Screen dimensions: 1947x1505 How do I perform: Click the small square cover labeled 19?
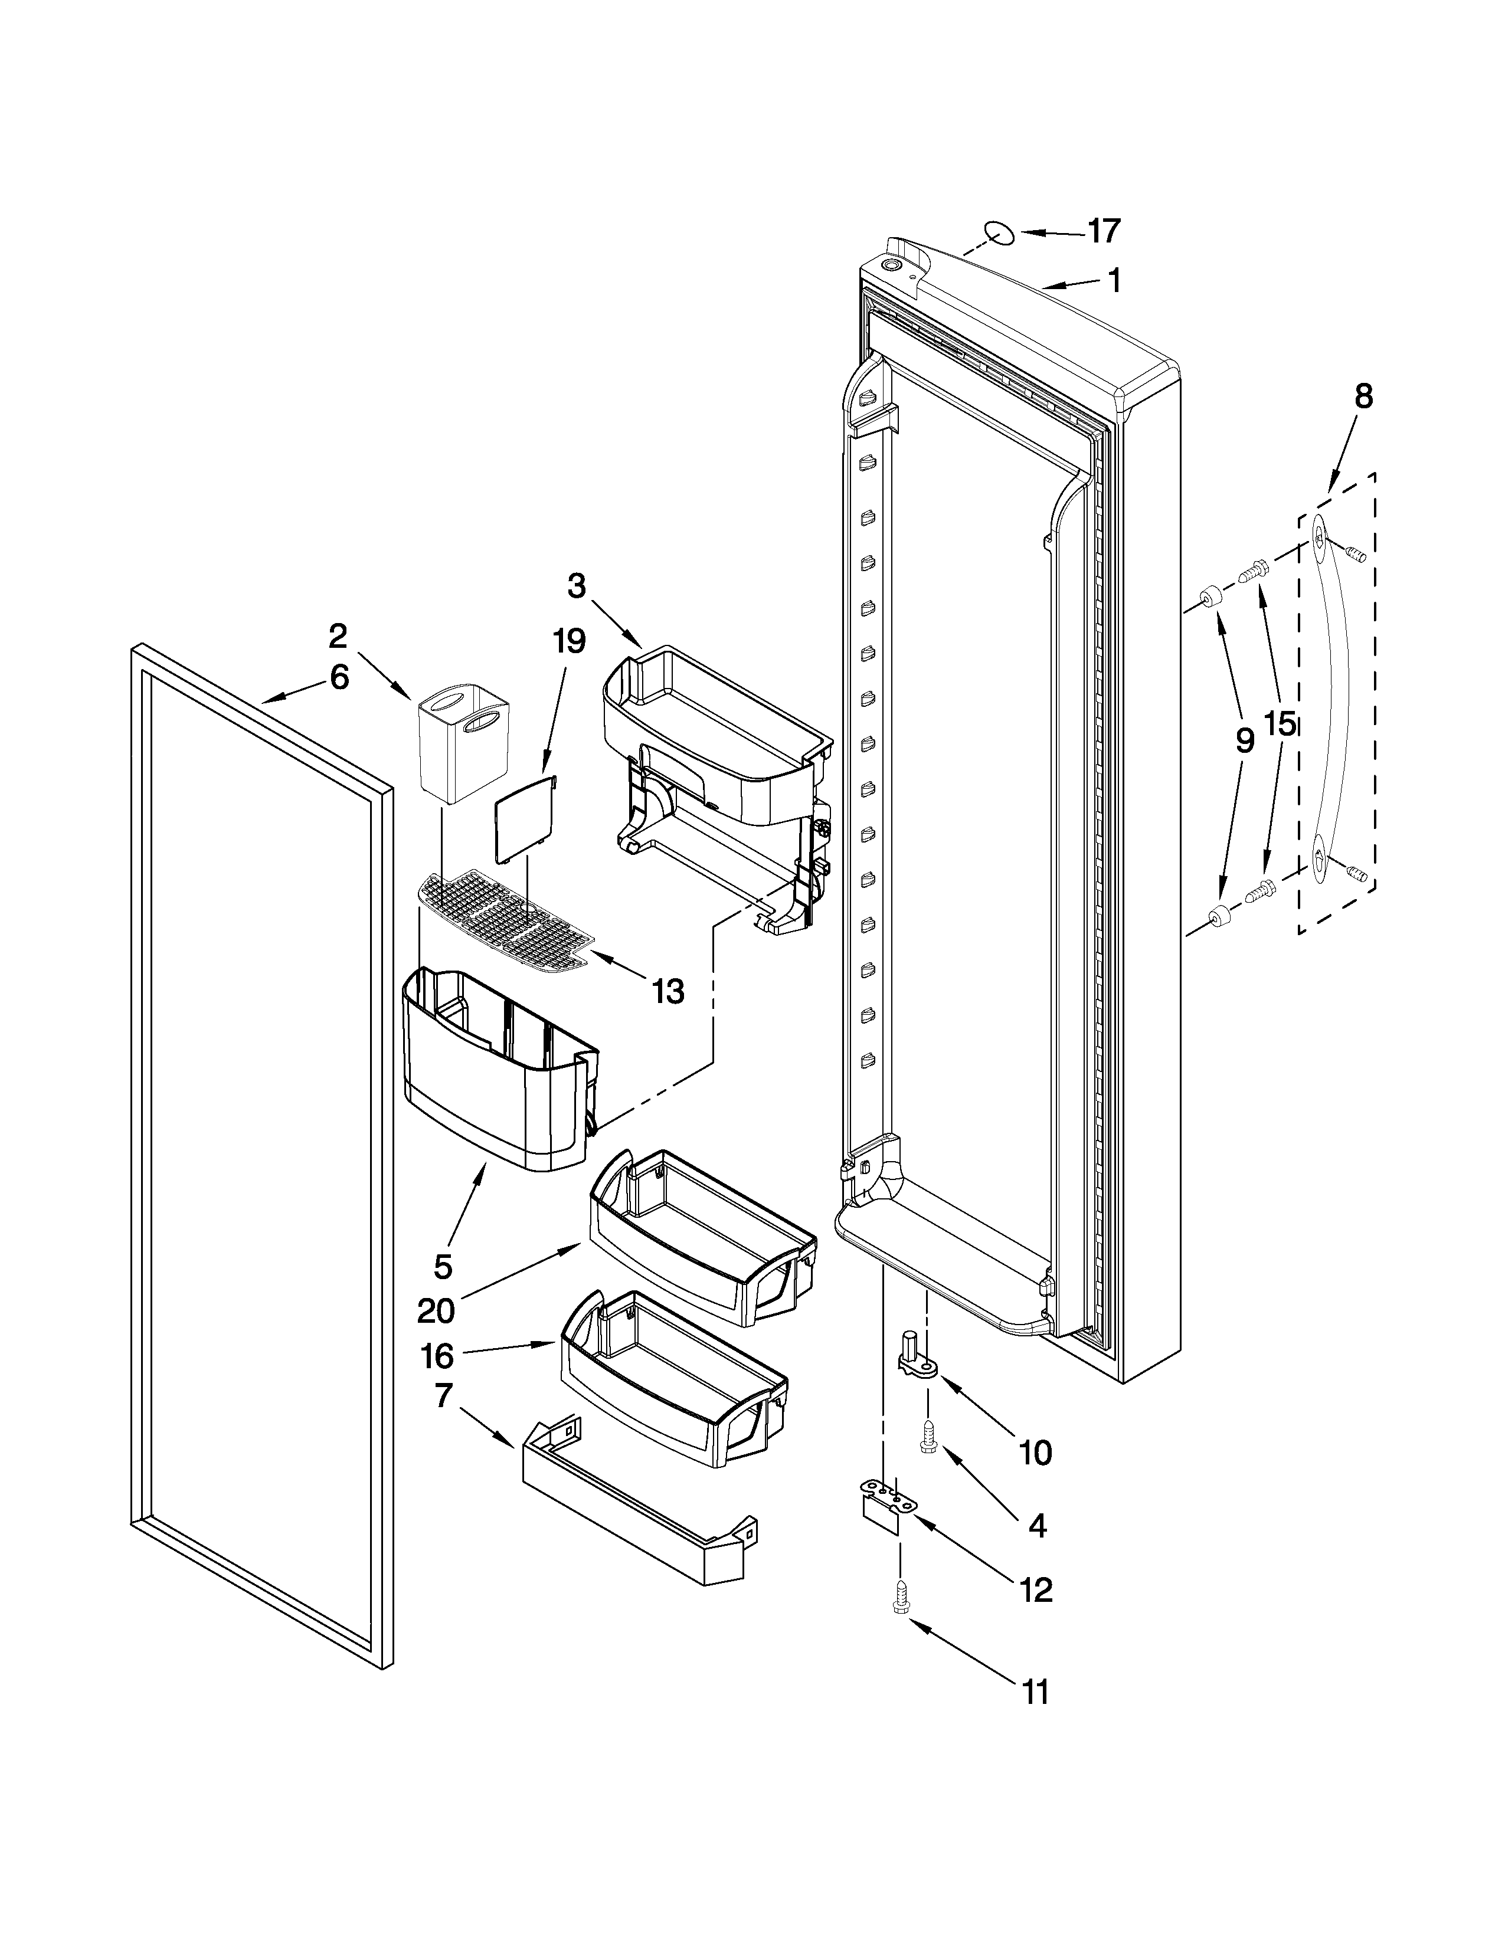(525, 818)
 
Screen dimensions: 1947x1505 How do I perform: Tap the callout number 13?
(668, 991)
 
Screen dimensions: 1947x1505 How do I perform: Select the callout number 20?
(436, 1310)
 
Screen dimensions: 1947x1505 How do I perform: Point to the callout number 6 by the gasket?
(339, 677)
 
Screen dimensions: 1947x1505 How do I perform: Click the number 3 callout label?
(577, 586)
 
